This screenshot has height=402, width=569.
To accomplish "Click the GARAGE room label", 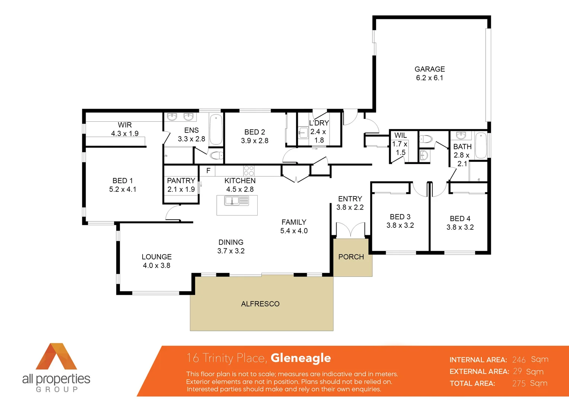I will point(429,69).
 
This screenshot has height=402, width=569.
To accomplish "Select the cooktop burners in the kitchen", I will point(249,171).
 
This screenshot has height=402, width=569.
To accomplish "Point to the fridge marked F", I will point(208,171).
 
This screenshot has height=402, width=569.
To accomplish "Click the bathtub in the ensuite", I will point(216,129).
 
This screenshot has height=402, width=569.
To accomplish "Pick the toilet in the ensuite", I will point(216,155).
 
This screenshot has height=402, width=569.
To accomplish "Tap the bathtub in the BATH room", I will point(481,145).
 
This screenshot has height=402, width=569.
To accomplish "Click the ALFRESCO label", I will point(260,304).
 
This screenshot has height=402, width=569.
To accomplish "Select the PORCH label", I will point(351,257).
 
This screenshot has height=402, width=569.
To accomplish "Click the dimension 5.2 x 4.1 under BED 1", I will point(123,189).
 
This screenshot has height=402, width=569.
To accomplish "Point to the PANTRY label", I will point(181,181).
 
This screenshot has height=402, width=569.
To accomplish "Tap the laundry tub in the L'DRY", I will point(303,132).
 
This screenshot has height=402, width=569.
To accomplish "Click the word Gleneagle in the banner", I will point(301,358).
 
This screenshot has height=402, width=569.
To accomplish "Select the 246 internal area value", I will point(519,360).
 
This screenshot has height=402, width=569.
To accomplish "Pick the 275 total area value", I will point(519,383).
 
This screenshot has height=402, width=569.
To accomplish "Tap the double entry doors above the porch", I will point(350,230).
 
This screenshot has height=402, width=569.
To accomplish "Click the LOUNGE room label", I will point(156,257).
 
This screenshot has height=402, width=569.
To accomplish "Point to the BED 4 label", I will point(460,218).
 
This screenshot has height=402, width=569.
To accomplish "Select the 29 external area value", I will point(517,371).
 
